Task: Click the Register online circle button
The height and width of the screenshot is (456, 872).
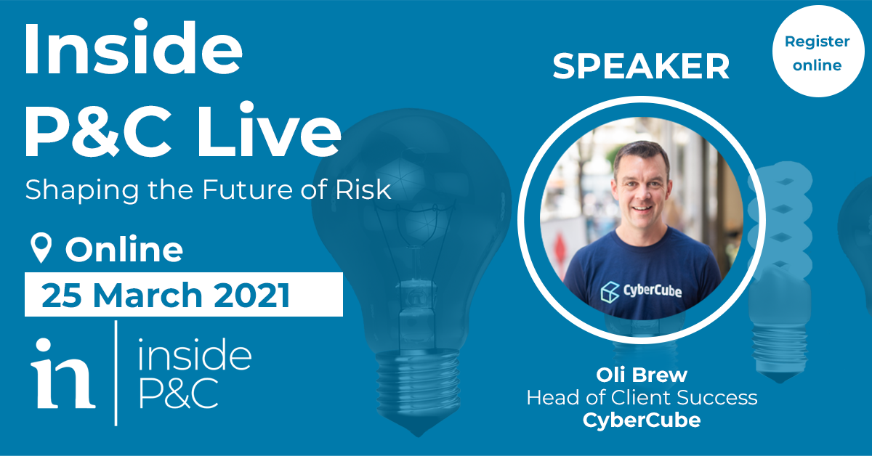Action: (x=818, y=51)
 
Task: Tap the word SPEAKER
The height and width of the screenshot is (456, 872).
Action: (x=641, y=66)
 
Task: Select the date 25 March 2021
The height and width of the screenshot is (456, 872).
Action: (x=166, y=295)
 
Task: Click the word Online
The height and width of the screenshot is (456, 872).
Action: (x=124, y=249)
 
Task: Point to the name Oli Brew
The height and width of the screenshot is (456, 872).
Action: (x=642, y=375)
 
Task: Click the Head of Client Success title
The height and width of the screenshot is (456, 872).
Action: (x=642, y=398)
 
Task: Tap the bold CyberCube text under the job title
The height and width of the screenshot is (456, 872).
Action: (x=642, y=420)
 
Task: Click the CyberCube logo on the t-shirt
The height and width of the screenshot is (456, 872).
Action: (x=641, y=292)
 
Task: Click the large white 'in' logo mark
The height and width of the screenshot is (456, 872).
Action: (x=63, y=373)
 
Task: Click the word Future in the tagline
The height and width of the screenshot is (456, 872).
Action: (x=247, y=190)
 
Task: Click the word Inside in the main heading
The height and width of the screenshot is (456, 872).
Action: (x=133, y=47)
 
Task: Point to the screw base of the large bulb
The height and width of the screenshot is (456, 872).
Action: (x=418, y=383)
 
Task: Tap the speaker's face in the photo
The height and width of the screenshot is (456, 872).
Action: (x=642, y=189)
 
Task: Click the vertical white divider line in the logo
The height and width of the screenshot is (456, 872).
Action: (x=116, y=373)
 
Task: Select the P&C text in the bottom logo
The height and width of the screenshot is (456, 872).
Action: (x=179, y=393)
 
